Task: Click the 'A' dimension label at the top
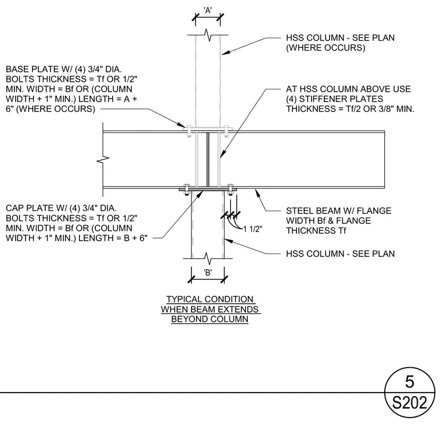(x=208, y=10)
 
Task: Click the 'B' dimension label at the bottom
(x=208, y=273)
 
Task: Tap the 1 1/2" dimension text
(x=252, y=229)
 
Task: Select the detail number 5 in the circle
(x=410, y=382)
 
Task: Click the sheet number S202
(x=410, y=403)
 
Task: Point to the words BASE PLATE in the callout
(x=30, y=69)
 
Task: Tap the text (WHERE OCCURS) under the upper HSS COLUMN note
(x=326, y=48)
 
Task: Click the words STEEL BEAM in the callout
(x=310, y=211)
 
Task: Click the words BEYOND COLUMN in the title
(x=210, y=319)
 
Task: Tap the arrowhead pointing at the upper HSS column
(x=226, y=53)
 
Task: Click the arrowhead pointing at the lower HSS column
(x=229, y=241)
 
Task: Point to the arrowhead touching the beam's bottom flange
(x=257, y=193)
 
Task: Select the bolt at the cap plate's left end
(x=187, y=190)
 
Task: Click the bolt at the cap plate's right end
(x=230, y=190)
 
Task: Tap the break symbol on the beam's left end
(x=103, y=160)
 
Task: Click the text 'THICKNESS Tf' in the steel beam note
(x=316, y=231)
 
